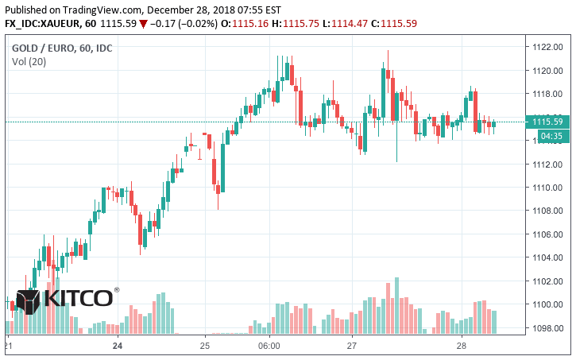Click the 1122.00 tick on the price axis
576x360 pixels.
[547, 47]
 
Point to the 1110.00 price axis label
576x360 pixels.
[547, 188]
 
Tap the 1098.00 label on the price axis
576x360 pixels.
[547, 328]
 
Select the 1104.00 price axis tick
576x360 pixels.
[547, 257]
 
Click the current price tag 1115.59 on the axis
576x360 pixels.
[547, 122]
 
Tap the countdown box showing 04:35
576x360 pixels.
[551, 137]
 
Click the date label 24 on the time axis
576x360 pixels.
[118, 346]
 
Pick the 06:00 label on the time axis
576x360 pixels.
[270, 346]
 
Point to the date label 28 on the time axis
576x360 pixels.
[462, 346]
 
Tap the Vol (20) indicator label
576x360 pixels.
[28, 62]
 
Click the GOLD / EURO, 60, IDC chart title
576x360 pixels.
[62, 48]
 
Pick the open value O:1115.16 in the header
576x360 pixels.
[238, 23]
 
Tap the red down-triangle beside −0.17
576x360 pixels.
[143, 23]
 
